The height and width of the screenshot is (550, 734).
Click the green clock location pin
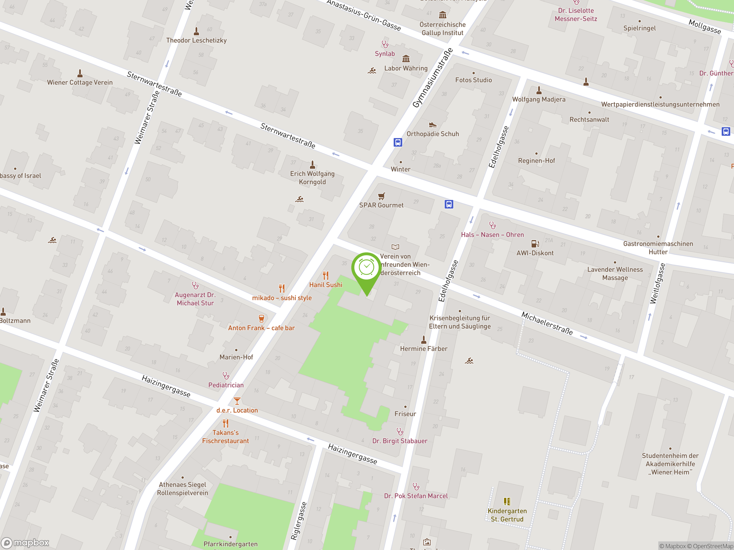click(x=366, y=269)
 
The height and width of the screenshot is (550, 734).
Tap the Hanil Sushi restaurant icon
click(x=325, y=276)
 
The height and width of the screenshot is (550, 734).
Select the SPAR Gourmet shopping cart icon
click(x=381, y=196)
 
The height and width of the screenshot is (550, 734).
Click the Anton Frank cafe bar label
click(x=261, y=328)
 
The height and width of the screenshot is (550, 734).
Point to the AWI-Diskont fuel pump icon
click(x=535, y=244)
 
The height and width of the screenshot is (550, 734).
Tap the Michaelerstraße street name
click(x=547, y=323)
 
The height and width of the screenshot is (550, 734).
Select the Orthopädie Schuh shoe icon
click(x=432, y=125)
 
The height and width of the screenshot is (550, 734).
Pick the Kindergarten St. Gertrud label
click(x=507, y=515)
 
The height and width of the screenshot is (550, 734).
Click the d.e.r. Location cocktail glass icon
click(x=237, y=401)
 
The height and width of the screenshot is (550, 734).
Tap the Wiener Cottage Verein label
click(x=80, y=82)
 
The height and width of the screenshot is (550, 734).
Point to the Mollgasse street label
click(x=704, y=27)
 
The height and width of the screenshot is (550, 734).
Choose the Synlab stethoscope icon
click(x=385, y=44)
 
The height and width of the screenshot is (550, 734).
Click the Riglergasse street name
click(x=299, y=521)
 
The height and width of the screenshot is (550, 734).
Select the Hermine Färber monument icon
click(x=423, y=340)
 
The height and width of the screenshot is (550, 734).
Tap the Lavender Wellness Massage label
click(x=615, y=274)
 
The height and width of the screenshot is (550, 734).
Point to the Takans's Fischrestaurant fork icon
click(x=226, y=423)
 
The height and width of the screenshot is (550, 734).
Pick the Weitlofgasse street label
click(x=657, y=284)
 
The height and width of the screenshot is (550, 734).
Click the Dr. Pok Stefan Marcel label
click(x=416, y=496)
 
